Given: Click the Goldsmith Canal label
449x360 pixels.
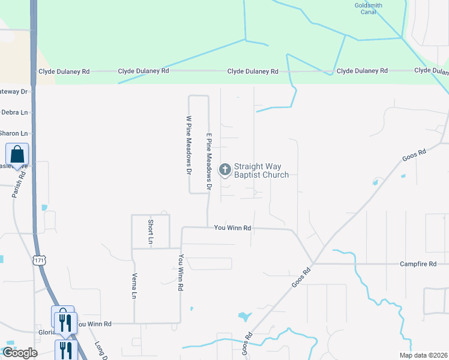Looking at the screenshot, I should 368,8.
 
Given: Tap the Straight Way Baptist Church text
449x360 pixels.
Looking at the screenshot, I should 261,171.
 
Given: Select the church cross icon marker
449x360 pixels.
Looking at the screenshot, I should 225,170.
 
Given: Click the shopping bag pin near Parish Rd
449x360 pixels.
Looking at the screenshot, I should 17,156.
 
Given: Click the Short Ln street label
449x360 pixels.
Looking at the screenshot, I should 151,231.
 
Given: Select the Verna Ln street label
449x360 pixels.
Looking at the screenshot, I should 134,287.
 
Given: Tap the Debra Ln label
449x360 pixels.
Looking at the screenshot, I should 14,112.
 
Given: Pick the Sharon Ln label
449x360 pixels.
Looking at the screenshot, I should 14,133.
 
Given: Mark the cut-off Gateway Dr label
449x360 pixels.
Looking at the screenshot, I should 14,92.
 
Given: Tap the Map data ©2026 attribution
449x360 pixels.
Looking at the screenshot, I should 423,355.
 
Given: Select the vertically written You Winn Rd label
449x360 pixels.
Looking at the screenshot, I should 180,272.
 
